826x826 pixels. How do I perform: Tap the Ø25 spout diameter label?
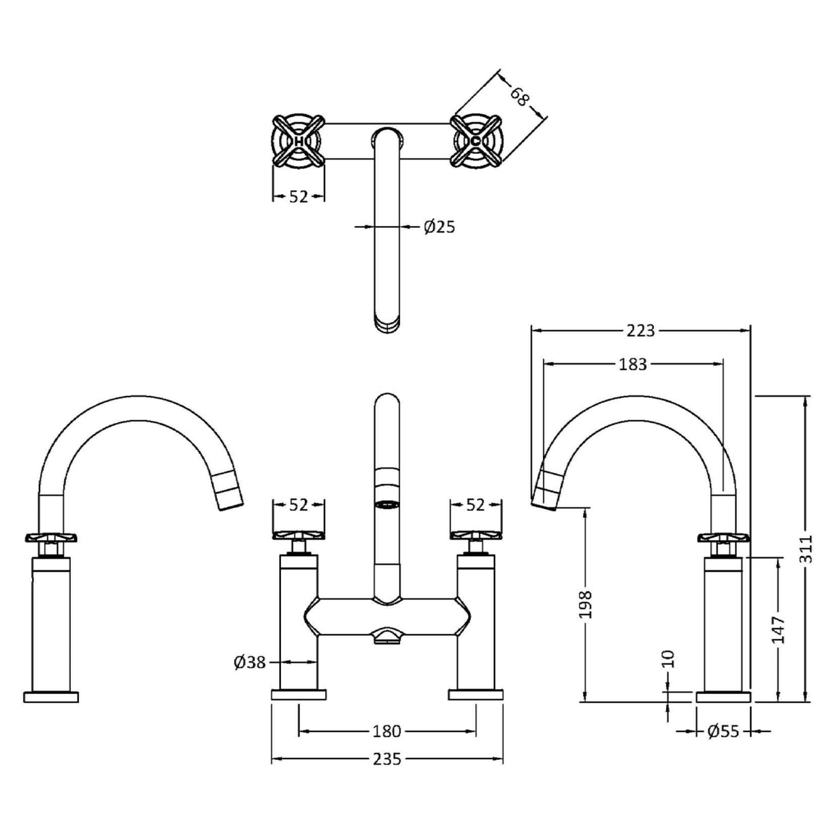(x=439, y=227)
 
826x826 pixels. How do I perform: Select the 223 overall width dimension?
(x=640, y=330)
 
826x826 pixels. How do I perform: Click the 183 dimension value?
(x=633, y=364)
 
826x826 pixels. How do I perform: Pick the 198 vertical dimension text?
(x=587, y=604)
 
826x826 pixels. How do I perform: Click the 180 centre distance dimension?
(x=387, y=731)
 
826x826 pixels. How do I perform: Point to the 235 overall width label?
(x=387, y=759)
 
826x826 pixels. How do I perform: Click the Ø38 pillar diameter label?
(x=249, y=661)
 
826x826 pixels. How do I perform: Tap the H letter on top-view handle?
(x=298, y=142)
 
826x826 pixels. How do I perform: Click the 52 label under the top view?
(x=299, y=197)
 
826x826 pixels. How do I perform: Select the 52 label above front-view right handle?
(x=476, y=505)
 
